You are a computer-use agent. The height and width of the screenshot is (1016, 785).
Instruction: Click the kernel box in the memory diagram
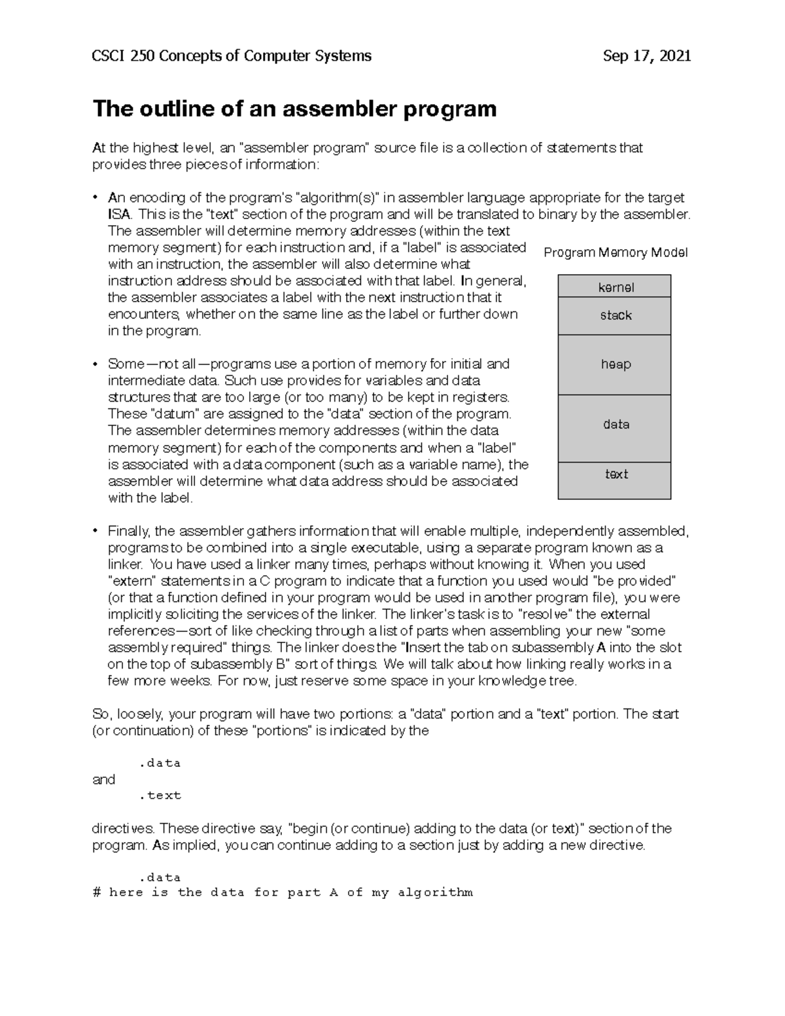[614, 287]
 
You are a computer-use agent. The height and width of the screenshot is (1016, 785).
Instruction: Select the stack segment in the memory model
[614, 315]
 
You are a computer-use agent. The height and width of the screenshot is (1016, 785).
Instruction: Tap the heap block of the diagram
[614, 364]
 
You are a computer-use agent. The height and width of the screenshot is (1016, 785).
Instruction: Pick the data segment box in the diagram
[614, 425]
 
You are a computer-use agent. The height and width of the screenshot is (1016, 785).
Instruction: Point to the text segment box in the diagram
[614, 474]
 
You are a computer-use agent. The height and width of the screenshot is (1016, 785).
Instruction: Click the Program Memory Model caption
[615, 253]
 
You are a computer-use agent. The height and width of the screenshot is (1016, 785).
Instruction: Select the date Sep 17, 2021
[646, 56]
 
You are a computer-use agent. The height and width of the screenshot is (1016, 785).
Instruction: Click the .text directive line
[160, 796]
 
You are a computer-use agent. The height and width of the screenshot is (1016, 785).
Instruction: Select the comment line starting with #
[283, 892]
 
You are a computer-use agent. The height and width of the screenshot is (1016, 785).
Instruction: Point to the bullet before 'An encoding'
[96, 198]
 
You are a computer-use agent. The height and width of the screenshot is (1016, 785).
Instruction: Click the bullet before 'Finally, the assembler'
[96, 531]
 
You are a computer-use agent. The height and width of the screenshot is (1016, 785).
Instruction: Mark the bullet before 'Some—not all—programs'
[96, 364]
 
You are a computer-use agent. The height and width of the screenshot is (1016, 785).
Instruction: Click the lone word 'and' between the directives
[103, 779]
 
